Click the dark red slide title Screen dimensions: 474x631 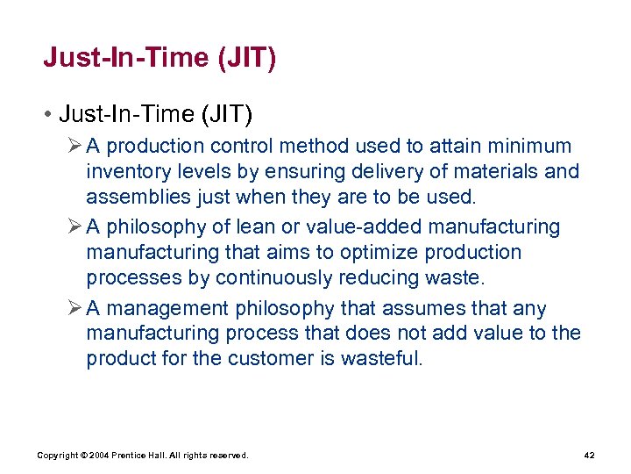click(x=160, y=59)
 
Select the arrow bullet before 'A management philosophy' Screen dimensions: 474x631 click(x=74, y=308)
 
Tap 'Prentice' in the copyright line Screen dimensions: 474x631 click(x=131, y=456)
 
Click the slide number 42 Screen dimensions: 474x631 click(x=588, y=456)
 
